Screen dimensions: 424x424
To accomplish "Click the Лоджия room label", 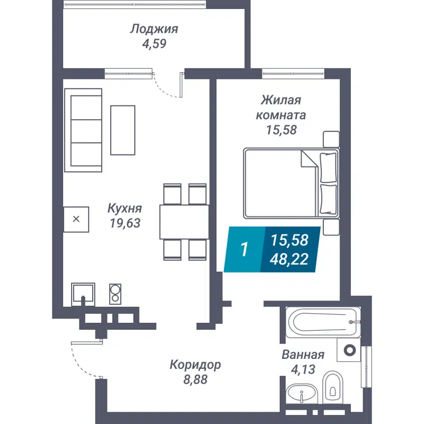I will [x=154, y=29].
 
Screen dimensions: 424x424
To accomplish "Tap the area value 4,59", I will [x=154, y=44].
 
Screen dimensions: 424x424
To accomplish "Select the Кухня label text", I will [x=125, y=208].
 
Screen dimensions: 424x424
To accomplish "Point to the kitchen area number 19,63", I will [x=125, y=223].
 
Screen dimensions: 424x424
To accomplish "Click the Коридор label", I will [x=195, y=365].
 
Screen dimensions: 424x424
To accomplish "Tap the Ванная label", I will [x=303, y=355].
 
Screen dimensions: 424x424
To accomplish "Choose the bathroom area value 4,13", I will [x=303, y=369].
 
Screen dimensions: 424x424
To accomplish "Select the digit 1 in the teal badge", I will [x=244, y=250].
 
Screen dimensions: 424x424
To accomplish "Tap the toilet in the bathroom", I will [x=332, y=386].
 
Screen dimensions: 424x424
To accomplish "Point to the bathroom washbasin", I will [x=302, y=395].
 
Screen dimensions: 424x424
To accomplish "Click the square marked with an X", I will [x=76, y=219].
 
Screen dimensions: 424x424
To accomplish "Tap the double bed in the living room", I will [x=291, y=183].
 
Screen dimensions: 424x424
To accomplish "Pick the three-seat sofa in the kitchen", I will [x=83, y=130].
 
